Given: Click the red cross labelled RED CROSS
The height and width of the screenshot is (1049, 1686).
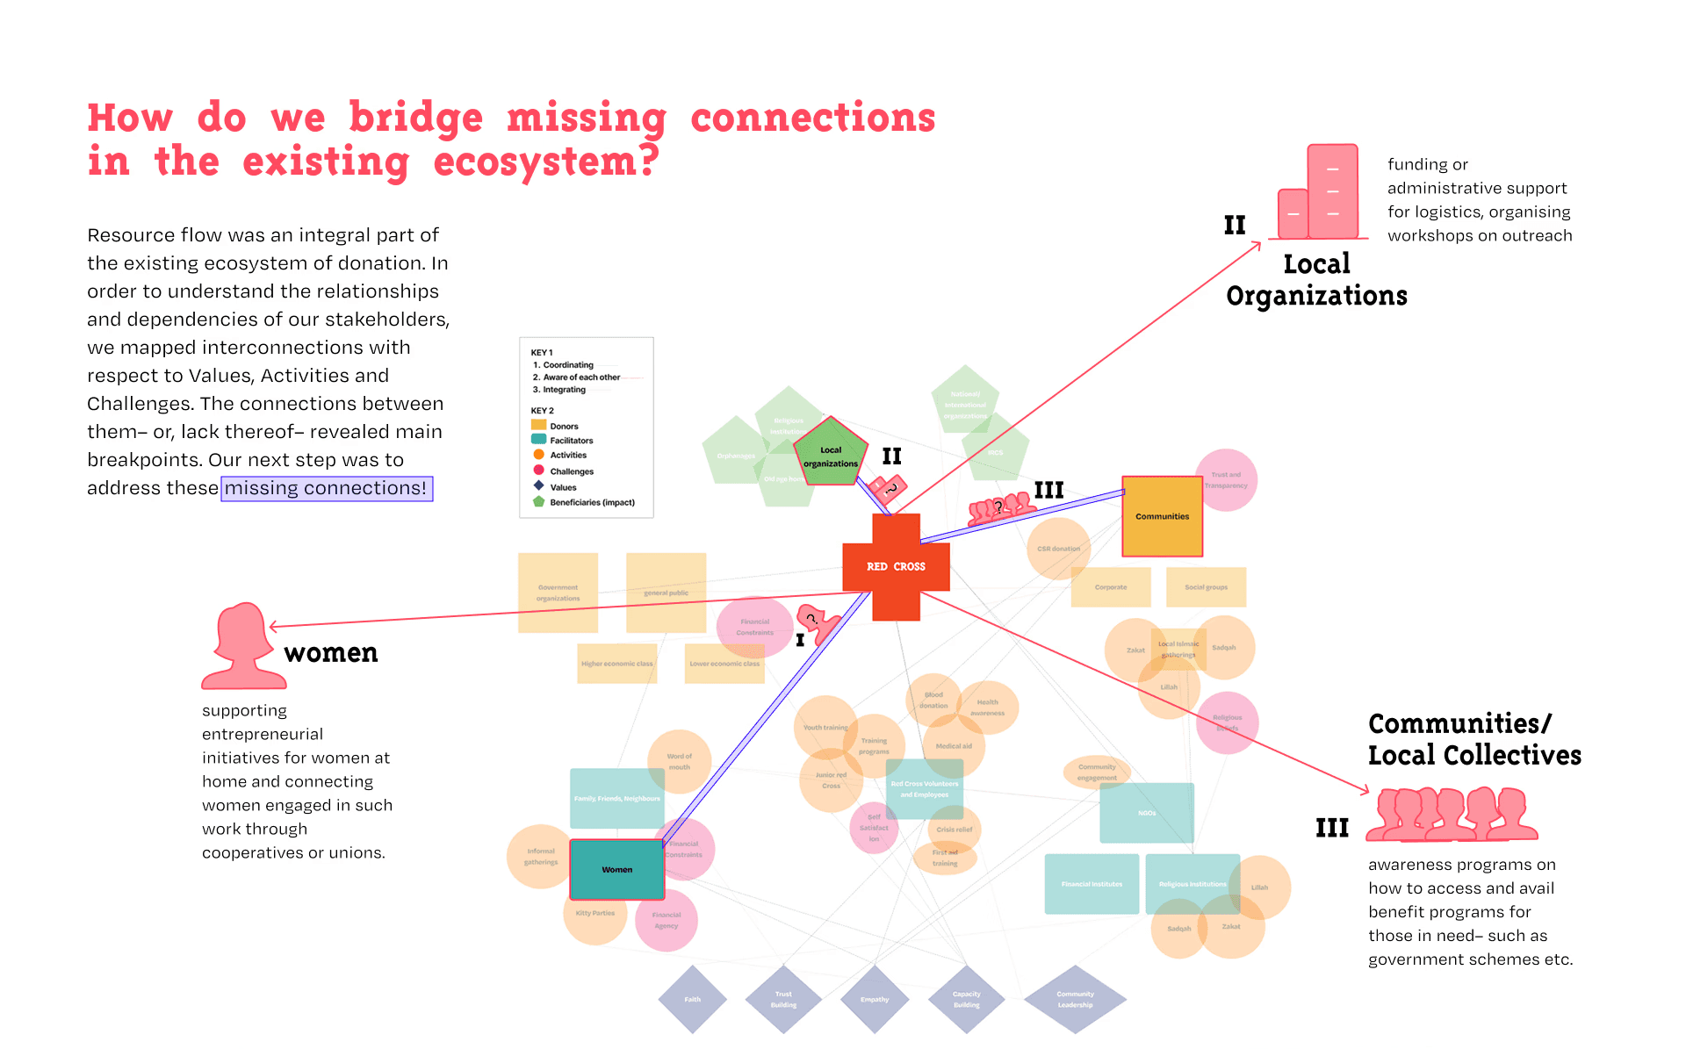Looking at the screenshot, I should (x=896, y=567).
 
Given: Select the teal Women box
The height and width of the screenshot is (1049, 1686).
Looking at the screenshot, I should (x=616, y=869).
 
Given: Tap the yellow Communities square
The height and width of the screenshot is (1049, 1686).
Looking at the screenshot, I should (x=1162, y=516).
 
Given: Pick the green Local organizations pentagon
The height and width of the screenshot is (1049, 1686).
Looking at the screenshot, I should (x=830, y=454).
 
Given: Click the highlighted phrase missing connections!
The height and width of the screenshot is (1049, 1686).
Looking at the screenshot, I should (x=326, y=488).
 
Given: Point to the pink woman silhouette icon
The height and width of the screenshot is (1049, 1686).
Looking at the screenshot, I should (x=241, y=646).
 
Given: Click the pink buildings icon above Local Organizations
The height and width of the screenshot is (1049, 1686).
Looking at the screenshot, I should (x=1321, y=193).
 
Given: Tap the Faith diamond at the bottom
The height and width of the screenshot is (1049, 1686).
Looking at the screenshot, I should (x=693, y=999).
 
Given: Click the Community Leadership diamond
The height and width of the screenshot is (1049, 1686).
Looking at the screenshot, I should (x=1075, y=999).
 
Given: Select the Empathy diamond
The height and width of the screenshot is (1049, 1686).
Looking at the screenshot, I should (x=875, y=999).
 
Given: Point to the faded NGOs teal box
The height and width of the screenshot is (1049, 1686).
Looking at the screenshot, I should (x=1147, y=813).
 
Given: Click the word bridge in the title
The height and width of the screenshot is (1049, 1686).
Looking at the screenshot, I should (x=415, y=119).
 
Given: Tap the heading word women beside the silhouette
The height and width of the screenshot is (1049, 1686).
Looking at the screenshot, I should (x=331, y=653).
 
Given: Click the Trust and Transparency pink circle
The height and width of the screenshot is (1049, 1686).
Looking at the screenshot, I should (x=1226, y=480).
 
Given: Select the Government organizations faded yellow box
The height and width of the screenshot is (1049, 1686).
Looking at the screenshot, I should (x=558, y=593).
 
